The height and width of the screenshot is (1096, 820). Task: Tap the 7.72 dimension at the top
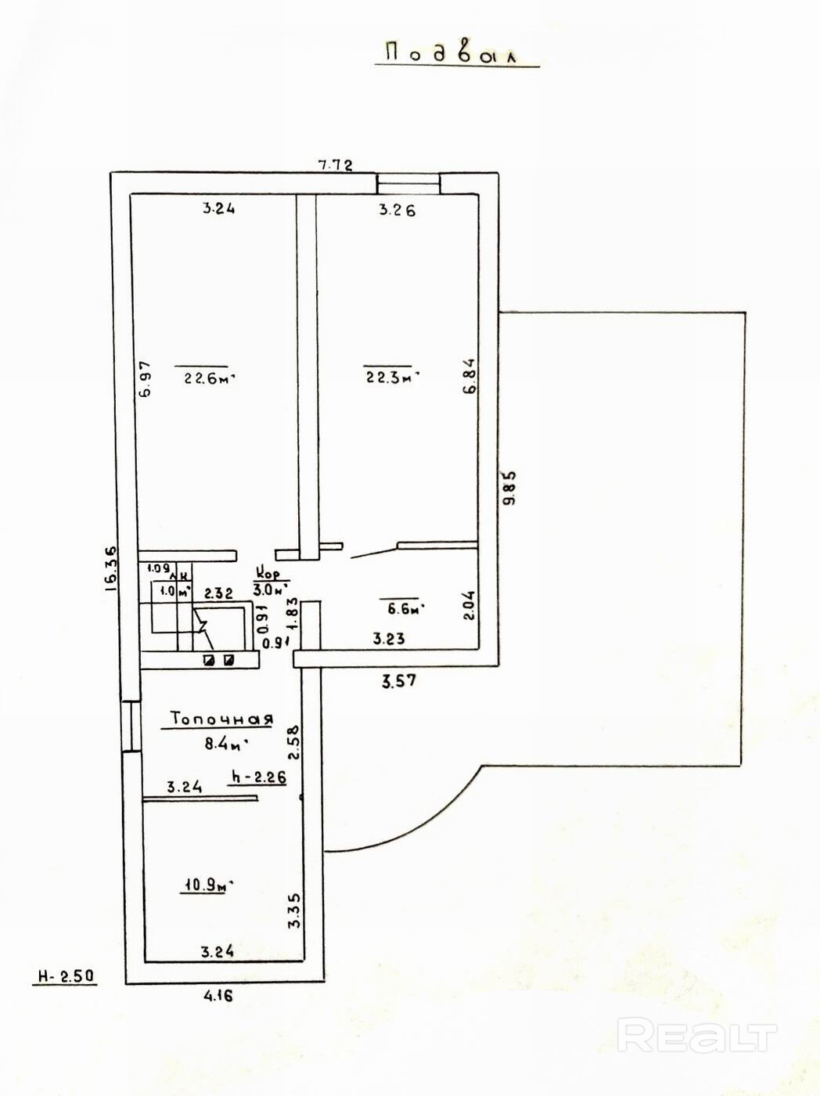pyautogui.click(x=335, y=165)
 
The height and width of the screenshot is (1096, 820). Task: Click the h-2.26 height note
pyautogui.click(x=256, y=778)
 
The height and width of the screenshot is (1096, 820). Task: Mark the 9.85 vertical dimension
pyautogui.click(x=510, y=489)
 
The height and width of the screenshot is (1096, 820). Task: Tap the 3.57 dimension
pyautogui.click(x=398, y=681)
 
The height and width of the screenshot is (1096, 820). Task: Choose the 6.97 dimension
pyautogui.click(x=145, y=380)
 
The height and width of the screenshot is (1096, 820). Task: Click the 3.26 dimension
pyautogui.click(x=397, y=210)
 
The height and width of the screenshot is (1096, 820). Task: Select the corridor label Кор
pyautogui.click(x=271, y=574)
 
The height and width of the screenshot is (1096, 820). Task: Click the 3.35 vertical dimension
pyautogui.click(x=294, y=910)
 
